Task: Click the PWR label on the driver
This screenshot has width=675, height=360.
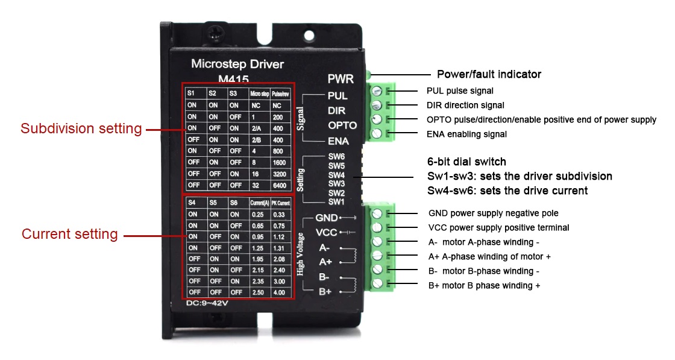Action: (341, 78)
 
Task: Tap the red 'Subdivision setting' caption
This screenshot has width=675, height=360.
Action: (81, 128)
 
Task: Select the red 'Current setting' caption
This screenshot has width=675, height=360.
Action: (70, 234)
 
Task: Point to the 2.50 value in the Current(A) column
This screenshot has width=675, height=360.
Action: (258, 292)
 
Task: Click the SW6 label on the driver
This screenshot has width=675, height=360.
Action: (337, 157)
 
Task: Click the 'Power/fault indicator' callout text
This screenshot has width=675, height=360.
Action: (489, 74)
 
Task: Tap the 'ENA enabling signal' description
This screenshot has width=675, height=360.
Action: (466, 134)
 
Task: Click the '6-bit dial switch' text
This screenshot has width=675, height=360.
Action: (466, 162)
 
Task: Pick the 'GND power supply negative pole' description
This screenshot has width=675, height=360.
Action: (493, 213)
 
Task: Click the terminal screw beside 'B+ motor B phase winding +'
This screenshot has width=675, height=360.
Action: (377, 284)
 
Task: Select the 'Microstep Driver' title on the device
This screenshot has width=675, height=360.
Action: (237, 63)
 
